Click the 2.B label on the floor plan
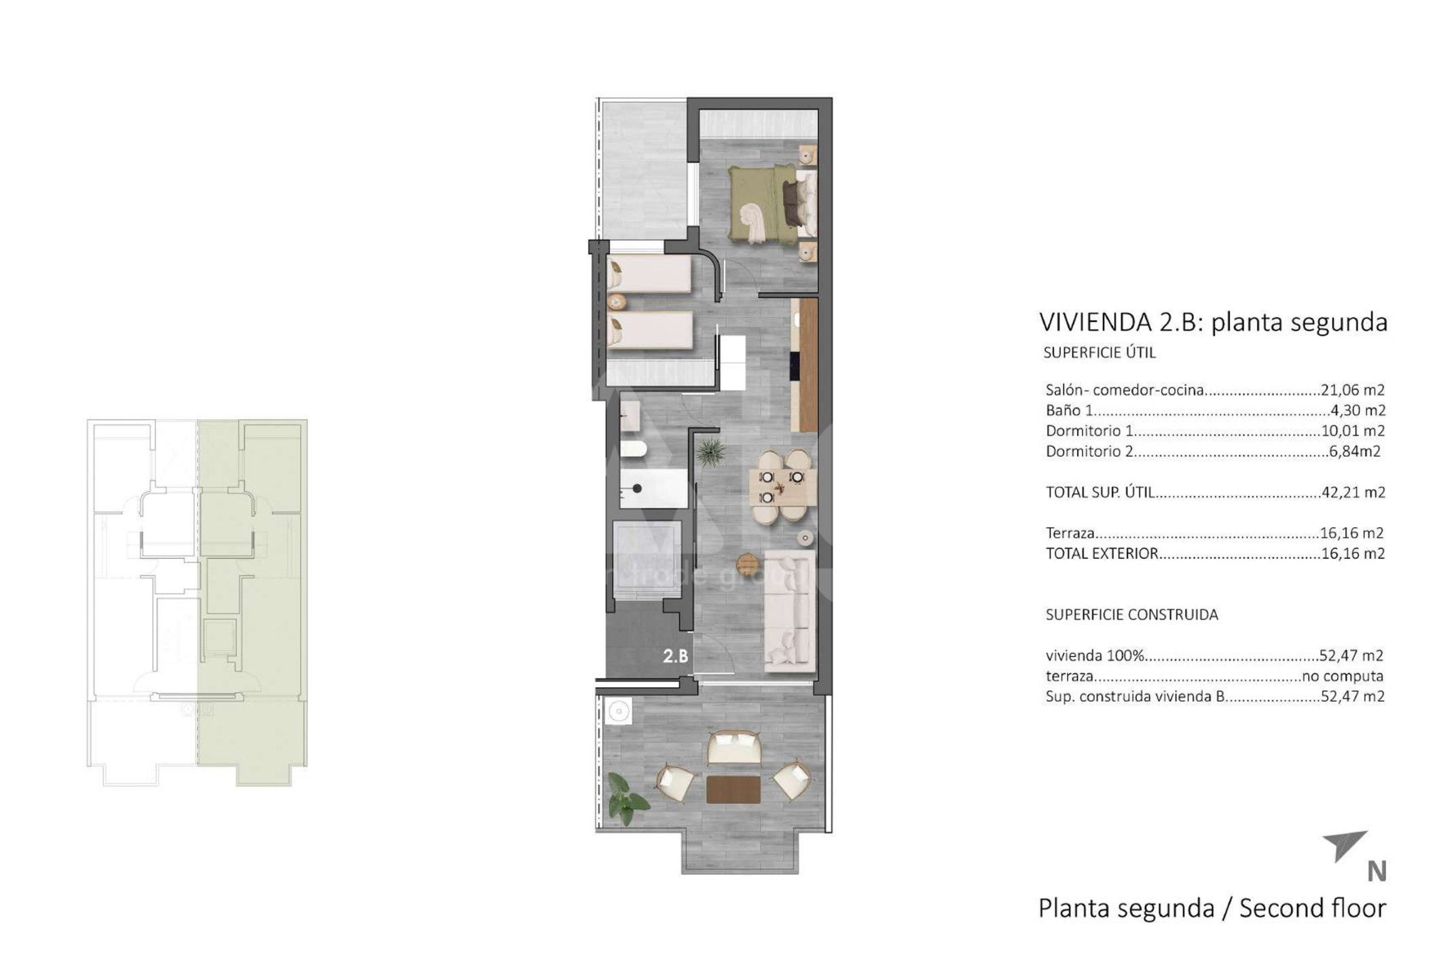pos(675,655)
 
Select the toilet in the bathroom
pos(632,450)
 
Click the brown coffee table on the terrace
pos(733,789)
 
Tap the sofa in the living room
pos(790,611)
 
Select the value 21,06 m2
pos(1352,390)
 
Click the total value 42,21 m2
pos(1353,492)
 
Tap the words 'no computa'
pos(1343,676)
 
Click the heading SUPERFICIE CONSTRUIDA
pos(1131,615)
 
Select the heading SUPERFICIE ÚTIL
pos(1100,352)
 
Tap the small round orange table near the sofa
pos(748,563)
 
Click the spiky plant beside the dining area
pos(710,452)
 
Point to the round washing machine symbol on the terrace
pos(619,711)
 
